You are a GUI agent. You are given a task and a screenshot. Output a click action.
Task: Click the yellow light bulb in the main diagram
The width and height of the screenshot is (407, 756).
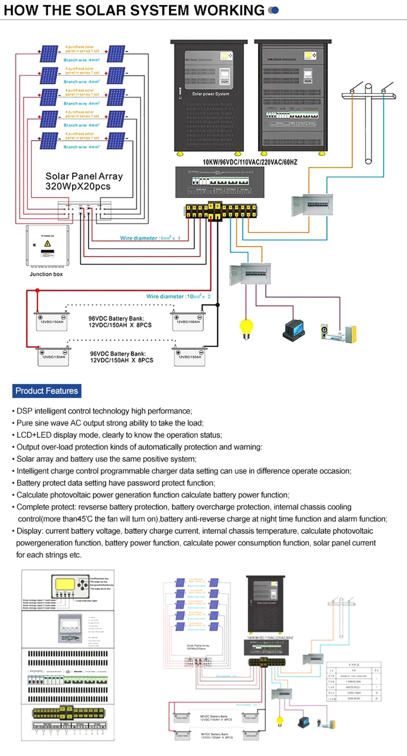pos(246,327)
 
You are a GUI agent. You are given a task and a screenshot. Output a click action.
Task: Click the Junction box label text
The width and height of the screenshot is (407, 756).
pos(46,274)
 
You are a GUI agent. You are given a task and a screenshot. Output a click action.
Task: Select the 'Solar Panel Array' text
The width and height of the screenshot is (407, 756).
pos(84,176)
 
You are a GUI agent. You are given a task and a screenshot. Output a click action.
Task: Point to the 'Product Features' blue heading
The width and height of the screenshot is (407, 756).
pos(46,391)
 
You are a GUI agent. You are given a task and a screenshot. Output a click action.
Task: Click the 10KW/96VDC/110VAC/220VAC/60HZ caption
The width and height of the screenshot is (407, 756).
pos(250,162)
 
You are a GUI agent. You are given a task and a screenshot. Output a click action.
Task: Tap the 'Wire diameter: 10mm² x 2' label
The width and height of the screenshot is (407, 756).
pos(178,296)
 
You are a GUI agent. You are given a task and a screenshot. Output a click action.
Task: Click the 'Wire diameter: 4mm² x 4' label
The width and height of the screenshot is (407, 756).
pos(150,238)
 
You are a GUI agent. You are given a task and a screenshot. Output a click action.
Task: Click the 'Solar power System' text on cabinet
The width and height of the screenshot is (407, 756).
pos(210,94)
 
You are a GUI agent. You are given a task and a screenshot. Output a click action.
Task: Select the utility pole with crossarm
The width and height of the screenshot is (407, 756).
pos(368,123)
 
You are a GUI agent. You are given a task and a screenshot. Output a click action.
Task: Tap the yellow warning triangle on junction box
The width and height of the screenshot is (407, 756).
pos(48,243)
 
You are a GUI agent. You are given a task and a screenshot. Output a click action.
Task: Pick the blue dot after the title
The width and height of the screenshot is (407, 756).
pos(274,10)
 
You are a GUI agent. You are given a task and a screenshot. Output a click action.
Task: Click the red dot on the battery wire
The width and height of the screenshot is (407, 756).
pos(37,291)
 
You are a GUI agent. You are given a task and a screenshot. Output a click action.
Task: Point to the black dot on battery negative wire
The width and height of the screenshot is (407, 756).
pos(218,305)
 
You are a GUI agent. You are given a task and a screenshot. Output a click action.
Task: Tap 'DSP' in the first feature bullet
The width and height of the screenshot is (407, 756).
pos(24,411)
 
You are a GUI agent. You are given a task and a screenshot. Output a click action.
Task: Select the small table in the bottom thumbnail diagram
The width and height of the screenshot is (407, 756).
pos(354,682)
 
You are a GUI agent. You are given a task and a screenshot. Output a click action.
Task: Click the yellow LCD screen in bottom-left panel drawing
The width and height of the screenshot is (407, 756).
pos(65,584)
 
